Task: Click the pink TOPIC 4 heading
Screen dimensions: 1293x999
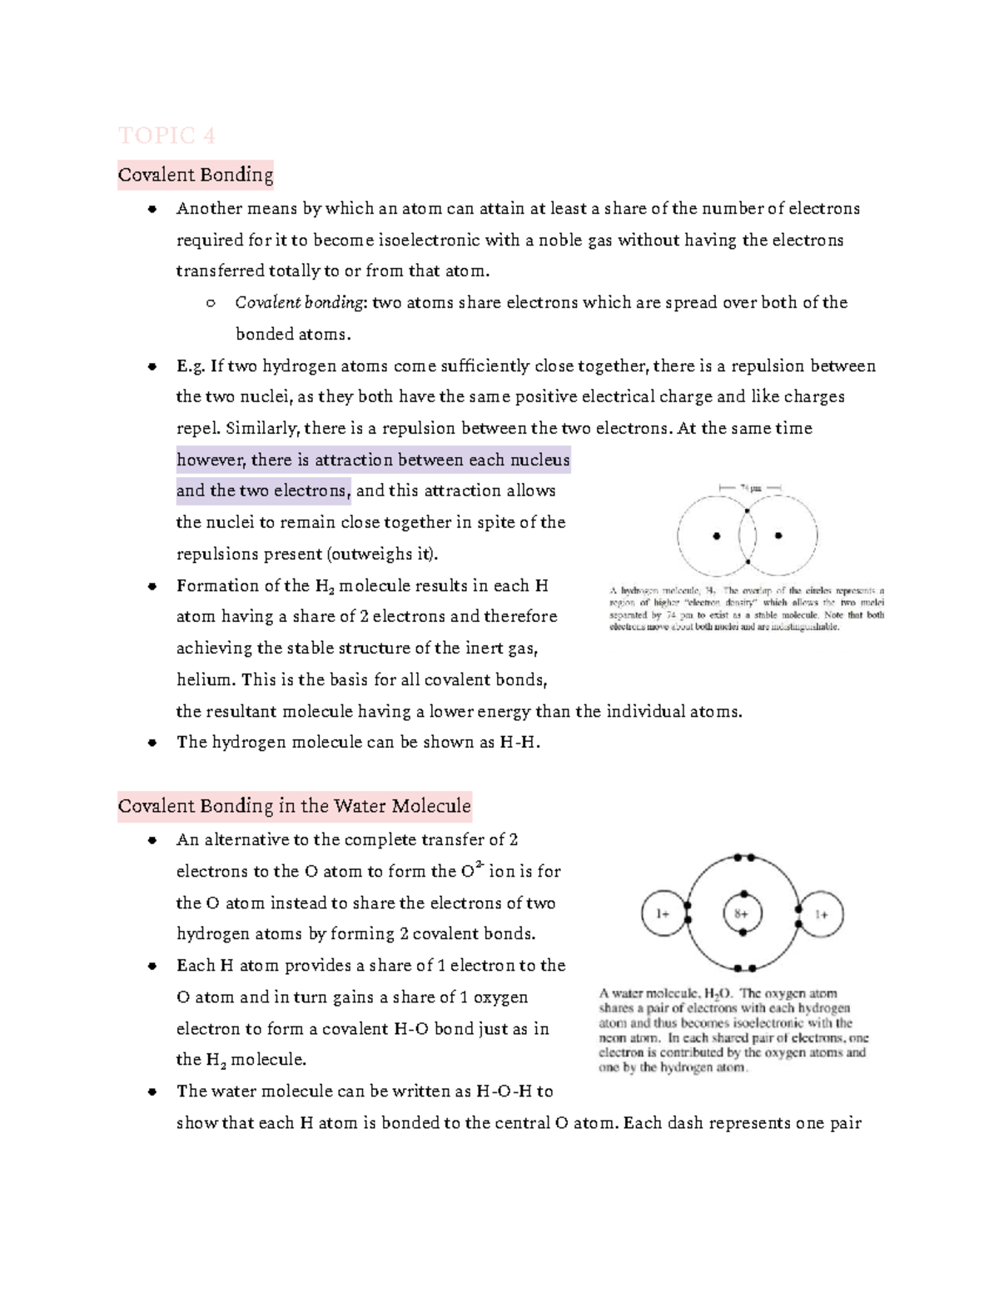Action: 166,135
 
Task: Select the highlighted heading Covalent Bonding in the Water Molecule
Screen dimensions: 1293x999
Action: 294,806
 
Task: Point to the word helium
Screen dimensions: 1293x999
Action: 205,680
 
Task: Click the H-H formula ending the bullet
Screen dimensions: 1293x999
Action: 519,743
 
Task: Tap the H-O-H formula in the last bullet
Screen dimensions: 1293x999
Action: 503,1092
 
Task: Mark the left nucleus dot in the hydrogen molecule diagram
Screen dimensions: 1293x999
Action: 716,536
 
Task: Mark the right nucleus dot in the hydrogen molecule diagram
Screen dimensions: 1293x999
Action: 778,536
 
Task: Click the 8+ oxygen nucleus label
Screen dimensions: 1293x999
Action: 740,913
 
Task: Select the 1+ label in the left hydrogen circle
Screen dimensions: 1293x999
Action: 663,913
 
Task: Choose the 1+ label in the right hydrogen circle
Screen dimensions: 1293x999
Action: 821,914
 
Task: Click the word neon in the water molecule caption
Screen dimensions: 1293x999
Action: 613,1038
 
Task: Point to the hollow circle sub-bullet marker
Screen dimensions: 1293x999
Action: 211,304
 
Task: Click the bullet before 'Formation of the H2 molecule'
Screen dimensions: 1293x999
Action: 152,587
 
